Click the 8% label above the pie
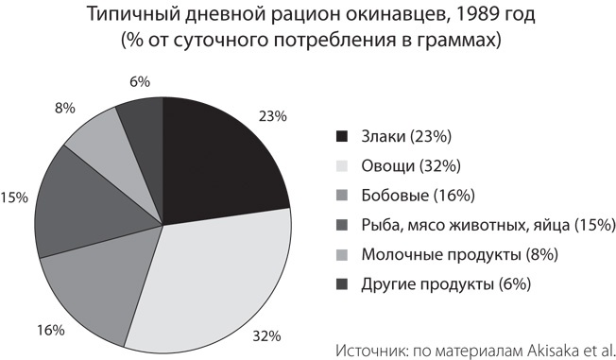[x=65, y=108]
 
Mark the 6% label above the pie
[x=140, y=81]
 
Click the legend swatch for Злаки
[x=343, y=137]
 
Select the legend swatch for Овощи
[x=343, y=166]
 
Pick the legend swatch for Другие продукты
[x=343, y=283]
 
